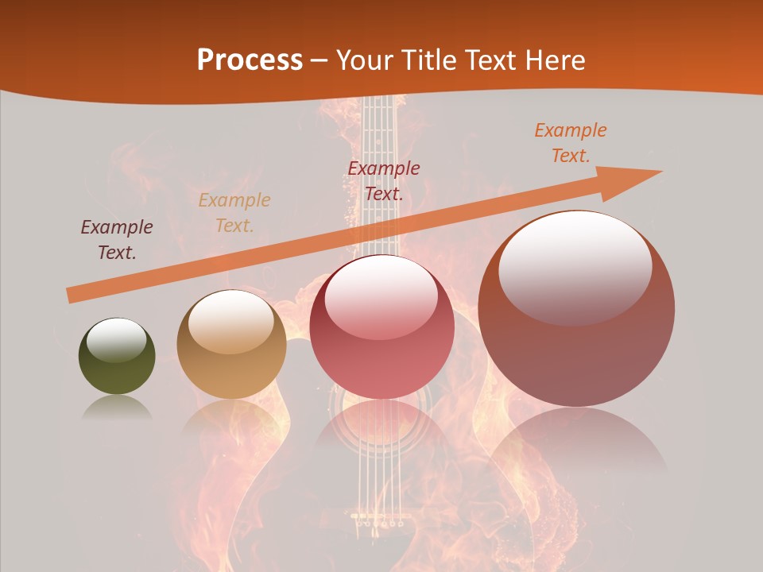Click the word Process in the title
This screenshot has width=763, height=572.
click(x=250, y=60)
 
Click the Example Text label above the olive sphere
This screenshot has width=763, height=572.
click(x=117, y=240)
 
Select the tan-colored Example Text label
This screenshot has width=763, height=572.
click(x=234, y=213)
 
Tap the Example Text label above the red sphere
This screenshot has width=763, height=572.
click(x=384, y=180)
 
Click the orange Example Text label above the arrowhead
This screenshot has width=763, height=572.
click(x=571, y=143)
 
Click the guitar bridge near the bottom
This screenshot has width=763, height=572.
click(x=378, y=520)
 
